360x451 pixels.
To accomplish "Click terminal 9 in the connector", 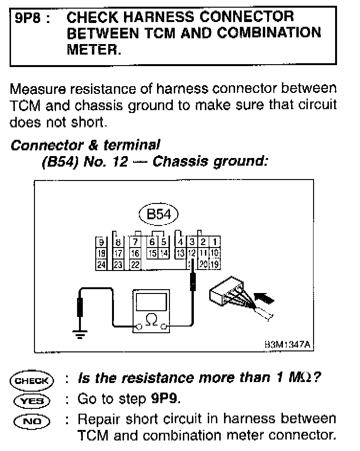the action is coord(101,242).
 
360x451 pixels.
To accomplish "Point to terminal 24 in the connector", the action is coord(101,263).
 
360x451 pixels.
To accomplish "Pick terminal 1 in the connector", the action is coord(215,242).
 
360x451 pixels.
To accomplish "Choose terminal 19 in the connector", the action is coord(215,263).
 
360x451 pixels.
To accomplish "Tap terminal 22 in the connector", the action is coord(135,263).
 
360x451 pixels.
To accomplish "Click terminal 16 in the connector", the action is coord(135,252).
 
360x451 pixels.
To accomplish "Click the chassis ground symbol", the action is coord(80,334).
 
